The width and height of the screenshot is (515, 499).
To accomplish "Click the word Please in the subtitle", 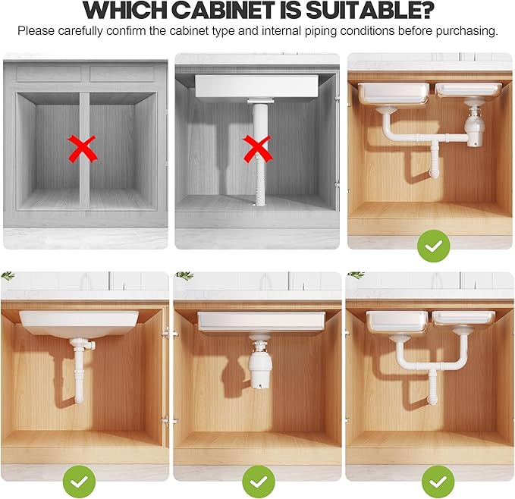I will point(36,32).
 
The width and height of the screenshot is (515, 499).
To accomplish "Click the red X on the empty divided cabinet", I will point(84,148).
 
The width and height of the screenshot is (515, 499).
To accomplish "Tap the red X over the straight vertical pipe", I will point(258,148).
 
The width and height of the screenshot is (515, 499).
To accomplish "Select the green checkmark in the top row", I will point(433,246).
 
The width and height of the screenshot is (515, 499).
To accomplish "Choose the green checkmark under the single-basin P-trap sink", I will point(80,482).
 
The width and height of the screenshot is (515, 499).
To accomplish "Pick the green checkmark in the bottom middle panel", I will point(258,482).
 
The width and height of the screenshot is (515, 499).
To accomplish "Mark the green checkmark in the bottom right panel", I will point(438,482).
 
